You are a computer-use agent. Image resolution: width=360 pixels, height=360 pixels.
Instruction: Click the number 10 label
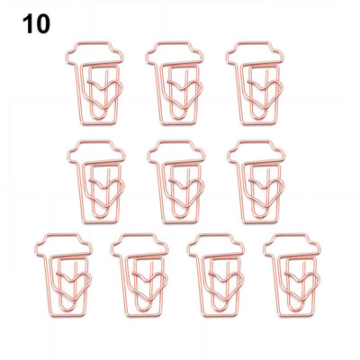(36, 24)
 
